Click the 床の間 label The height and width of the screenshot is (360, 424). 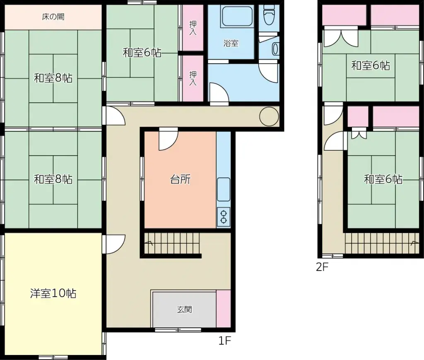pyautogui.click(x=53, y=17)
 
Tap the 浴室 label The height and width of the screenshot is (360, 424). pyautogui.click(x=231, y=43)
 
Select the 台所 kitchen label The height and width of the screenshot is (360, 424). pyautogui.click(x=181, y=179)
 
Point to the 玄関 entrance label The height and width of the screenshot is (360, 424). pyautogui.click(x=184, y=310)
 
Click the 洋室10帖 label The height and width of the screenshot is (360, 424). pyautogui.click(x=53, y=293)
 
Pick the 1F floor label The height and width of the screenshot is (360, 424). pyautogui.click(x=225, y=341)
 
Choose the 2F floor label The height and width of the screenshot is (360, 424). pyautogui.click(x=322, y=267)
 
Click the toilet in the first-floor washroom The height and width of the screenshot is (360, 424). pyautogui.click(x=269, y=15)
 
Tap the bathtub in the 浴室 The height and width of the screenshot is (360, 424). pyautogui.click(x=237, y=16)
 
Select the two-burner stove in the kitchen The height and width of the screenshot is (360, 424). pyautogui.click(x=224, y=217)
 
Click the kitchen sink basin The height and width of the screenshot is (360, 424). pyautogui.click(x=224, y=190)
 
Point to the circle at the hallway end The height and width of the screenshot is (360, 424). pyautogui.click(x=269, y=117)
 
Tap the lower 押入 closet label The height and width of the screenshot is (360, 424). pyautogui.click(x=193, y=78)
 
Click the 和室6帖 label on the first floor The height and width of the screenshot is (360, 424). pyautogui.click(x=142, y=53)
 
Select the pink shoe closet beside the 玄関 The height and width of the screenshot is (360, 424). pyautogui.click(x=223, y=309)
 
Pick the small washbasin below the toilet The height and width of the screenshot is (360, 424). pyautogui.click(x=275, y=49)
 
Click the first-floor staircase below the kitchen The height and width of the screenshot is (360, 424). pyautogui.click(x=171, y=243)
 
